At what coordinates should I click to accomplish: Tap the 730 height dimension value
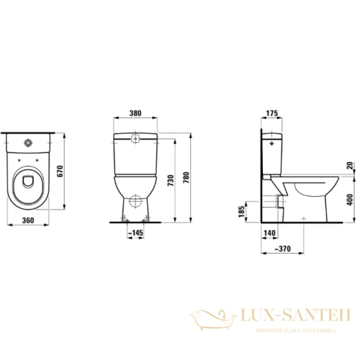point(172,181)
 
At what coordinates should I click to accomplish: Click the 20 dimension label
point(349,166)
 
